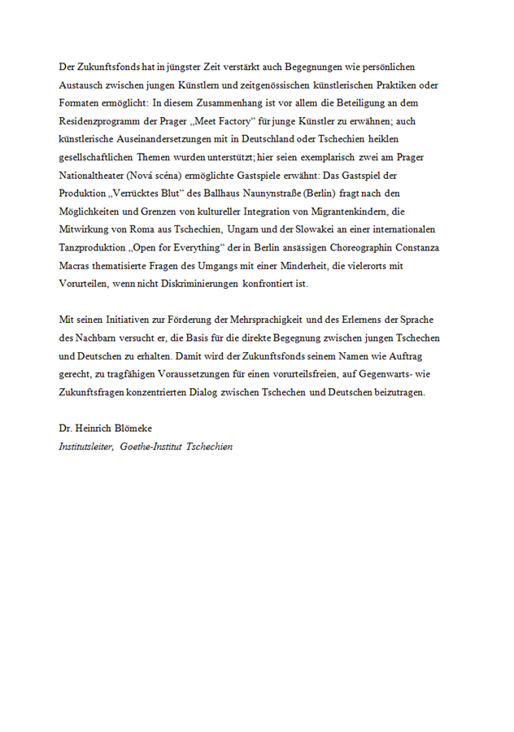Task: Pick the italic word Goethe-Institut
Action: point(150,446)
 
